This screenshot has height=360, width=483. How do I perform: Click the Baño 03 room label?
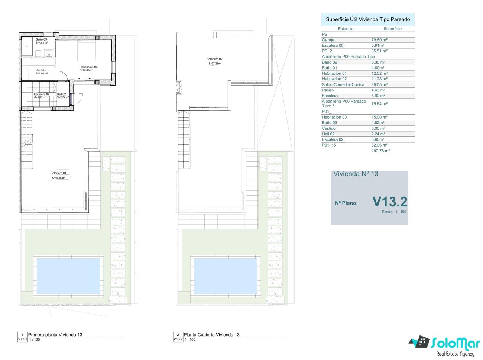coord(41,39)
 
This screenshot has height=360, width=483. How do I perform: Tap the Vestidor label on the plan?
coord(41,70)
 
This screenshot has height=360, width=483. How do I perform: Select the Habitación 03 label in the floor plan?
coord(88,67)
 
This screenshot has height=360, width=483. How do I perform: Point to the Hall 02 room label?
coord(61,94)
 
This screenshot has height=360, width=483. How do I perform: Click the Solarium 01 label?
coord(58,173)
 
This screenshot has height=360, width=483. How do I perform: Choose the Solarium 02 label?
coord(214,59)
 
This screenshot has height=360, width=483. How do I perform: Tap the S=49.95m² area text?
coord(58,178)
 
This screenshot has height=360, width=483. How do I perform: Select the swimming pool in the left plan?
coord(68,276)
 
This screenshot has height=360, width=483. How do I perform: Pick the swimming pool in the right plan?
coord(226,276)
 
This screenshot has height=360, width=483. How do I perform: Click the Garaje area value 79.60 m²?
coord(379,40)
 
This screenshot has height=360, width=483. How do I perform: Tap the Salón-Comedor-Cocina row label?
coord(343,84)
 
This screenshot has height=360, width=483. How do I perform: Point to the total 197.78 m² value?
coord(380,151)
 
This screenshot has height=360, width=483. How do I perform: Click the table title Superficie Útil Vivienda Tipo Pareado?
coord(368,19)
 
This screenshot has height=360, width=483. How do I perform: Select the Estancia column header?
coord(346,29)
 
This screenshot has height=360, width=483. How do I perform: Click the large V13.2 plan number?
coord(390,202)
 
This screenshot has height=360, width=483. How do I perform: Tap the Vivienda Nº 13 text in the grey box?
coord(356,174)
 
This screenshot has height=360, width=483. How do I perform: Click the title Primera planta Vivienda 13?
coord(55,335)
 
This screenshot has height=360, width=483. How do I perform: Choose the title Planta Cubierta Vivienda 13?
coord(211,335)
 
